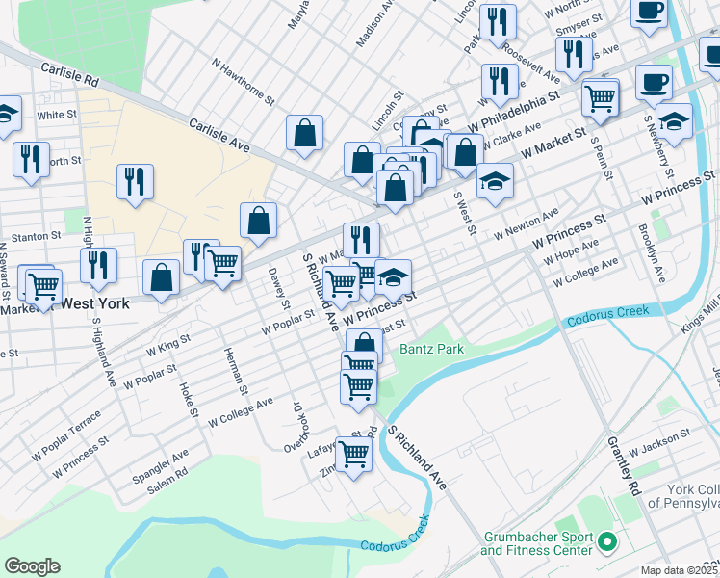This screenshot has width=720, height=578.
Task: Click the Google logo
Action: [x=32, y=566]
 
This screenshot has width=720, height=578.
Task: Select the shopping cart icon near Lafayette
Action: [x=353, y=452]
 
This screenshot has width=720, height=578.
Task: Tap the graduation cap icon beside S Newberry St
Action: [x=675, y=122]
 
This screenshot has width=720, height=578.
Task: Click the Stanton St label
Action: [x=36, y=234]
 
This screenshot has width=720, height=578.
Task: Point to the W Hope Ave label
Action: [x=572, y=252]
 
